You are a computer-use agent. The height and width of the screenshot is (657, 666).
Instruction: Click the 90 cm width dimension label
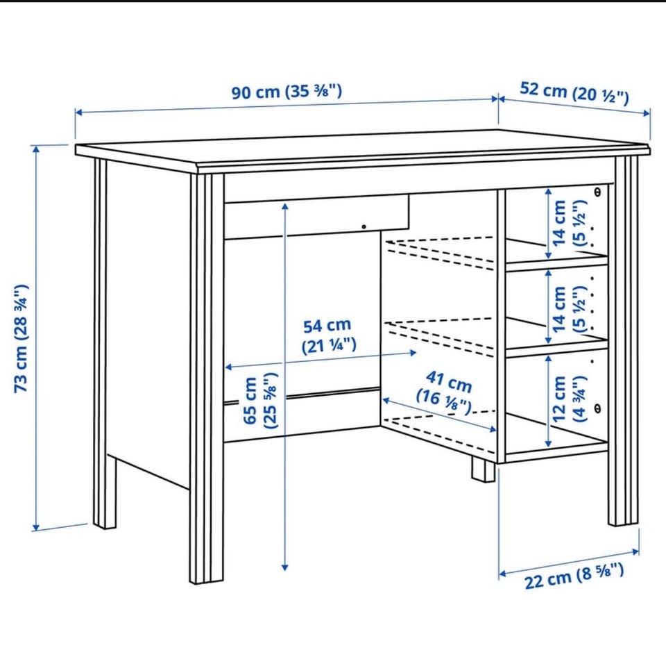287,92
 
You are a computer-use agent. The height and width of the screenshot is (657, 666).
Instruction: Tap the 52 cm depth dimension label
574,93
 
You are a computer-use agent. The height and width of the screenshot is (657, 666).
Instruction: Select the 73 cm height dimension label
22,338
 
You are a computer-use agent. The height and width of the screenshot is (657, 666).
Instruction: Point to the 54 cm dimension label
328,336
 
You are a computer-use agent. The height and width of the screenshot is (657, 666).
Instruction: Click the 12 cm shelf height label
569,399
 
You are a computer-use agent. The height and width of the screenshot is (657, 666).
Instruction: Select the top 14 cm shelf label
569,223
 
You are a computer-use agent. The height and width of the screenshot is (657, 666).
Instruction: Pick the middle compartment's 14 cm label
569,309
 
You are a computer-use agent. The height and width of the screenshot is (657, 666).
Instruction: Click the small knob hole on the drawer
364,226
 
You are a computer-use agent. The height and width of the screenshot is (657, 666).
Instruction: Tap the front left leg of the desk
207,378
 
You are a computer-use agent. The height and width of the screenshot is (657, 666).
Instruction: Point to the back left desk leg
103,344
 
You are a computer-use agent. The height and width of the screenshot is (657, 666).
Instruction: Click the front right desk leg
624,341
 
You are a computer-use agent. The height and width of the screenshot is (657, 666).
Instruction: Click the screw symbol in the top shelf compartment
597,192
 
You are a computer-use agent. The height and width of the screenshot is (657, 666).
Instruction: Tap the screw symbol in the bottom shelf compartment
597,408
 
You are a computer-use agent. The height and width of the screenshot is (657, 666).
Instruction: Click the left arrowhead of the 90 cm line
78,113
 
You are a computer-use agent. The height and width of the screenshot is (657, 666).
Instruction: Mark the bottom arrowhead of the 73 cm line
36,527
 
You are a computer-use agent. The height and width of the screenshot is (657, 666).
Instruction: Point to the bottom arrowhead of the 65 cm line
285,567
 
